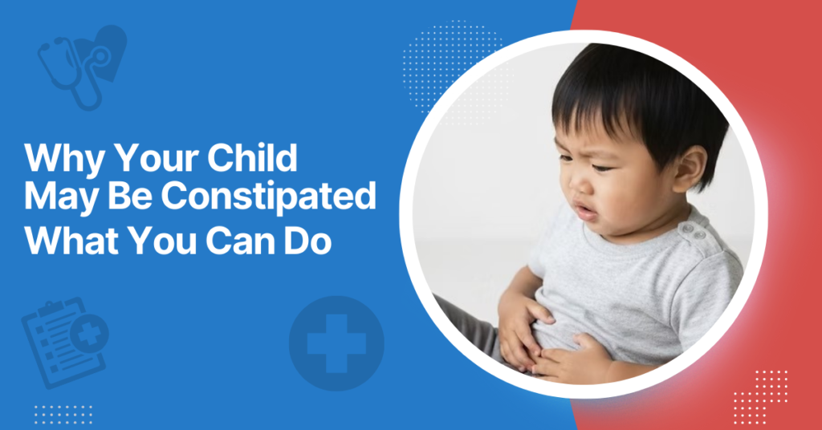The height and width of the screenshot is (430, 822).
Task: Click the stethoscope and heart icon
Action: pos(80,64)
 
